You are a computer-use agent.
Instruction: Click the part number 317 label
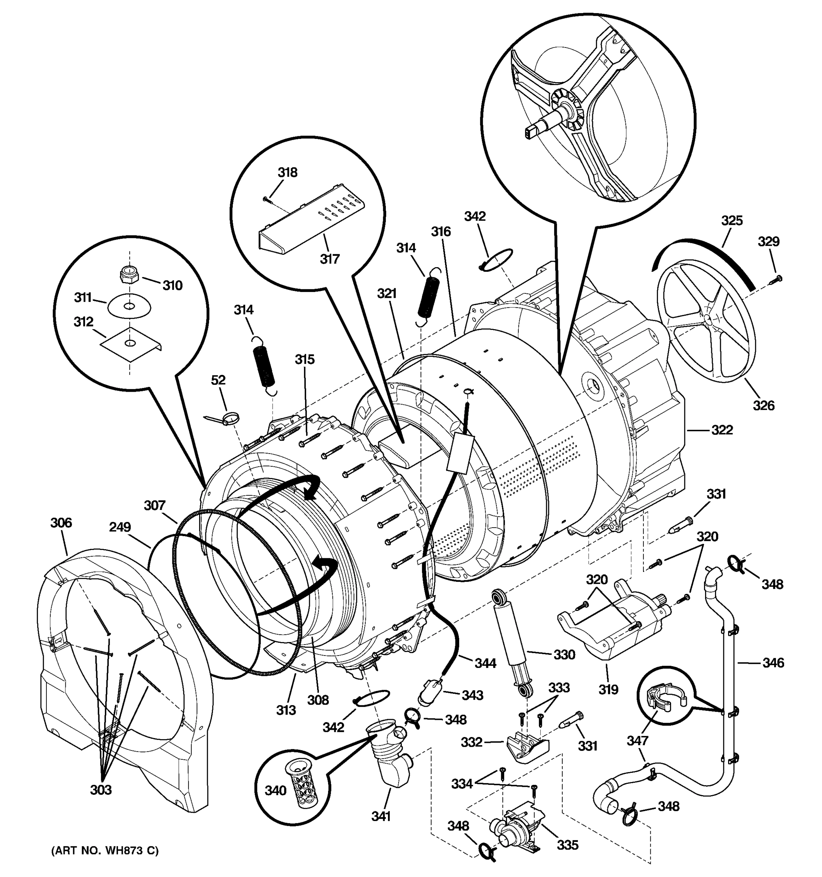point(330,259)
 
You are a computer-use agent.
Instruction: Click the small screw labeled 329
point(776,279)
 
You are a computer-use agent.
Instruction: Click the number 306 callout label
point(61,523)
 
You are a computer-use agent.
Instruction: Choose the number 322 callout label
point(722,430)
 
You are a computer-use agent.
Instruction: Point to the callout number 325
point(732,220)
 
